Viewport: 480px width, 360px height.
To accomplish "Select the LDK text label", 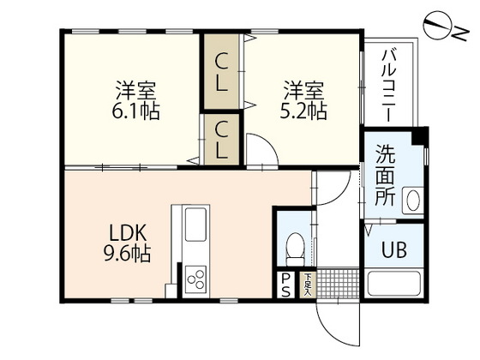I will [x=129, y=231].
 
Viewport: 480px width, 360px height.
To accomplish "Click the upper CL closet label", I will [x=222, y=62].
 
